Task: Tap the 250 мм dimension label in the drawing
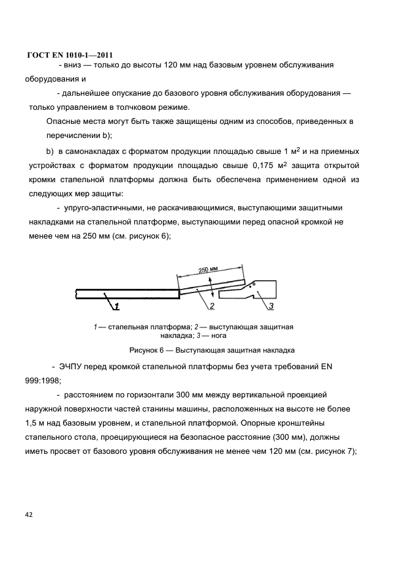[208, 270]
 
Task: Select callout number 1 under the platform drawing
[116, 305]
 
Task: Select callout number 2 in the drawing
[211, 305]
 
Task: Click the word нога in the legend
[219, 335]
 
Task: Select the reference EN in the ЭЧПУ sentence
[325, 367]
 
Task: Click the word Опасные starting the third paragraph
[64, 122]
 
